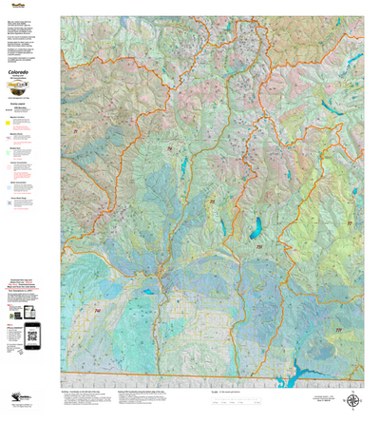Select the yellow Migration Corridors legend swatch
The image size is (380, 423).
point(9,122)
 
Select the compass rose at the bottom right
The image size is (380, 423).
point(353,398)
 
